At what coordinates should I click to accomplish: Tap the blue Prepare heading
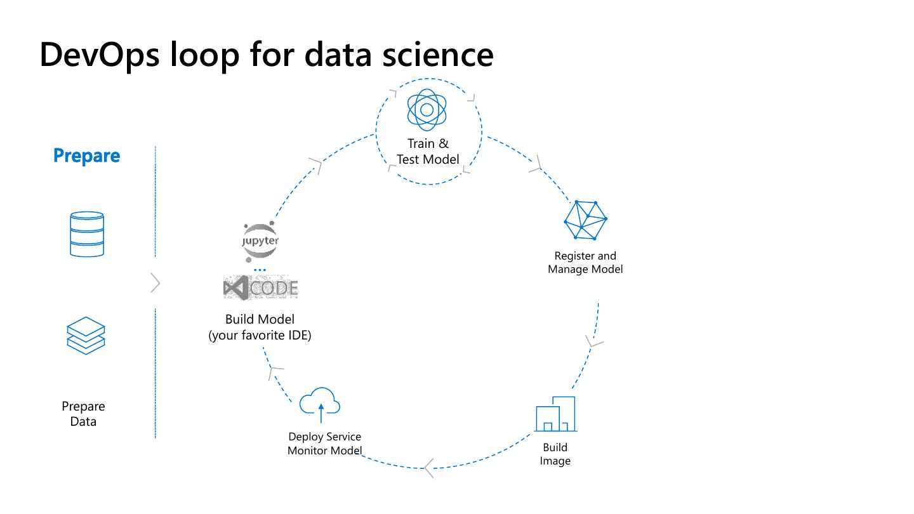pyautogui.click(x=87, y=156)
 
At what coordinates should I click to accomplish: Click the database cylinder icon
pyautogui.click(x=87, y=234)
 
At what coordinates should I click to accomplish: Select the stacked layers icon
pyautogui.click(x=86, y=335)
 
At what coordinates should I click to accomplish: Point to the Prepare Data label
pyautogui.click(x=83, y=414)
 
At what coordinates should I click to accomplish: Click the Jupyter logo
pyautogui.click(x=260, y=241)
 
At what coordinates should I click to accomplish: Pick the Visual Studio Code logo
pyautogui.click(x=261, y=289)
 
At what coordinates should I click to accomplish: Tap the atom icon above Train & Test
pyautogui.click(x=427, y=110)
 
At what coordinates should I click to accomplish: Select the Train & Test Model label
pyautogui.click(x=428, y=152)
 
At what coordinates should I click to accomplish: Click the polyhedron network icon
pyautogui.click(x=585, y=220)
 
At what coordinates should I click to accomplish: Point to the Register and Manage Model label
pyautogui.click(x=585, y=262)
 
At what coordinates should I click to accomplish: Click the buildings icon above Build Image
pyautogui.click(x=555, y=414)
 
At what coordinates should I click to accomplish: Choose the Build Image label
pyautogui.click(x=555, y=454)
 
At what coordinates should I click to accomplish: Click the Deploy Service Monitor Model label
pyautogui.click(x=324, y=444)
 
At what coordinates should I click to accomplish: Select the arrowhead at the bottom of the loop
pyautogui.click(x=429, y=468)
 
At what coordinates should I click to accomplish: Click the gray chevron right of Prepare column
pyautogui.click(x=156, y=283)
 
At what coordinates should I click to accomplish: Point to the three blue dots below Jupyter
pyautogui.click(x=260, y=270)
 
